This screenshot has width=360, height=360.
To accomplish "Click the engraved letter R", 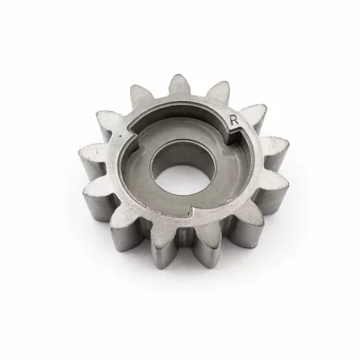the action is tap(234, 120).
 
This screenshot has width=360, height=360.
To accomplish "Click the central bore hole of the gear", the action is tap(183, 168).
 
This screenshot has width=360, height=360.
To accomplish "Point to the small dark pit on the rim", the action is tap(120, 137).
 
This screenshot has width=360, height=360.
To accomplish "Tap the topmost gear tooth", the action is tap(178, 85).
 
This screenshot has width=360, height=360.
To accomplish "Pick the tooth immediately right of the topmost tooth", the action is tap(218, 92).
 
